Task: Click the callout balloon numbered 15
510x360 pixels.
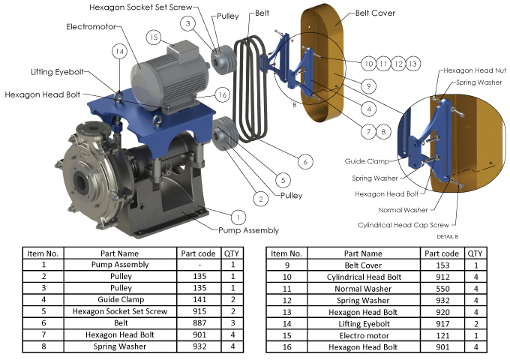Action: click(x=154, y=37)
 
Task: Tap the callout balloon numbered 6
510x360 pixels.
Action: click(x=305, y=162)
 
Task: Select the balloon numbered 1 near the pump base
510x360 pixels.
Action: click(x=238, y=217)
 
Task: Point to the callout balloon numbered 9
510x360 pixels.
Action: click(x=368, y=86)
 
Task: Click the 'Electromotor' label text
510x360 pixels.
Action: click(x=91, y=27)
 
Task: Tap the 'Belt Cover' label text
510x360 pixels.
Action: click(x=375, y=13)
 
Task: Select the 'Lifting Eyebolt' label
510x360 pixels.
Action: click(x=58, y=72)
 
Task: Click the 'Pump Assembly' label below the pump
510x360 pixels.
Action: click(x=248, y=230)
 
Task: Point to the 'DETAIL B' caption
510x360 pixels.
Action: click(x=448, y=236)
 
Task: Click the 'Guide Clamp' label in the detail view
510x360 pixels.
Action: click(x=367, y=161)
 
